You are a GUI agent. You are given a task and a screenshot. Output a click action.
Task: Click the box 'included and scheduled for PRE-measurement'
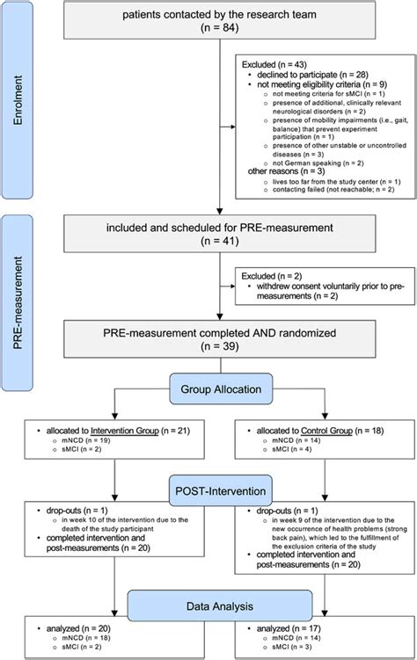tap(208, 233)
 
